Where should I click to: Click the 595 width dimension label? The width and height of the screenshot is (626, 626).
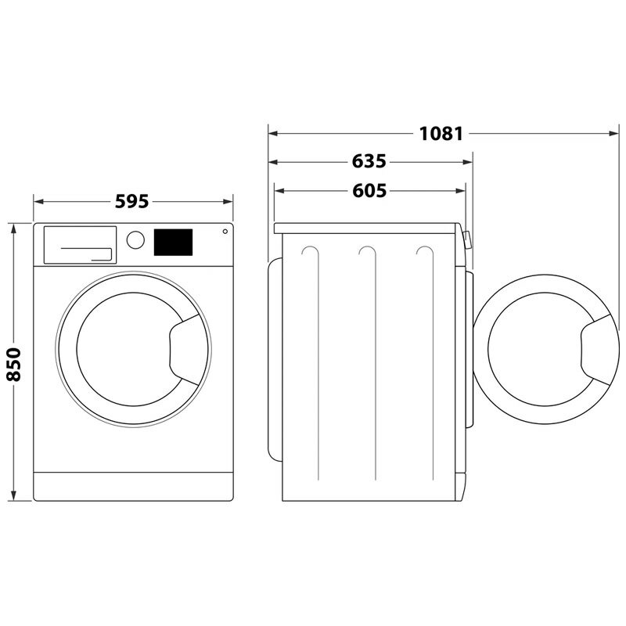click(x=131, y=201)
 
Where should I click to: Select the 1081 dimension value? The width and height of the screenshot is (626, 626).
click(x=441, y=134)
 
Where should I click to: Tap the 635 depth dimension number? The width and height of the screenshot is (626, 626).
click(x=369, y=162)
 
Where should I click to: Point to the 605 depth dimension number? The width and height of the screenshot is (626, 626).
click(x=369, y=190)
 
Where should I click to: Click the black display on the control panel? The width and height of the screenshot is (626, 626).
click(x=174, y=242)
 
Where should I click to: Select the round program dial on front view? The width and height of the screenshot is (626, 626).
click(x=135, y=239)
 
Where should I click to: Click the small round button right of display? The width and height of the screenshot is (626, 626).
click(x=225, y=232)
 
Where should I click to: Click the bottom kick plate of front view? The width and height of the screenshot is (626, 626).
click(x=133, y=486)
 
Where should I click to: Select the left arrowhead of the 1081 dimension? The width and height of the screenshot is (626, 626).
click(x=273, y=134)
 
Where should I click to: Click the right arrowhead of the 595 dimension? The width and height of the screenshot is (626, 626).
click(x=229, y=201)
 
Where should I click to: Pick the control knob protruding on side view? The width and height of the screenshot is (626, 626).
click(x=467, y=239)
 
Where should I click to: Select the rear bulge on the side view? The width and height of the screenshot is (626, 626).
click(x=274, y=360)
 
